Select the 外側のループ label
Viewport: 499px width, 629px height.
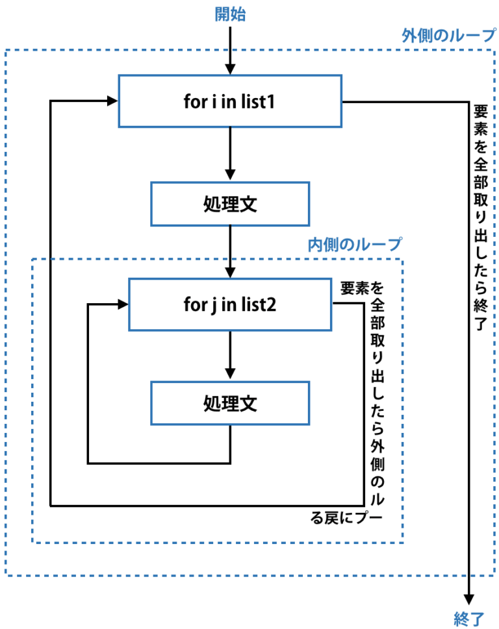(448, 36)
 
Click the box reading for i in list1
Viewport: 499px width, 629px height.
(230, 101)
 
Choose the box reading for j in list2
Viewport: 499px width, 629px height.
(230, 304)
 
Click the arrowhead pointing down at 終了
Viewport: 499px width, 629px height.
(469, 600)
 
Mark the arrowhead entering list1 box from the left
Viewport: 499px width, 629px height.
(112, 101)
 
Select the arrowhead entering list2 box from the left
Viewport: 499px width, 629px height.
(123, 304)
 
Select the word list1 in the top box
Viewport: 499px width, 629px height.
(262, 101)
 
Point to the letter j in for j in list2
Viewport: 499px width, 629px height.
(212, 304)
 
